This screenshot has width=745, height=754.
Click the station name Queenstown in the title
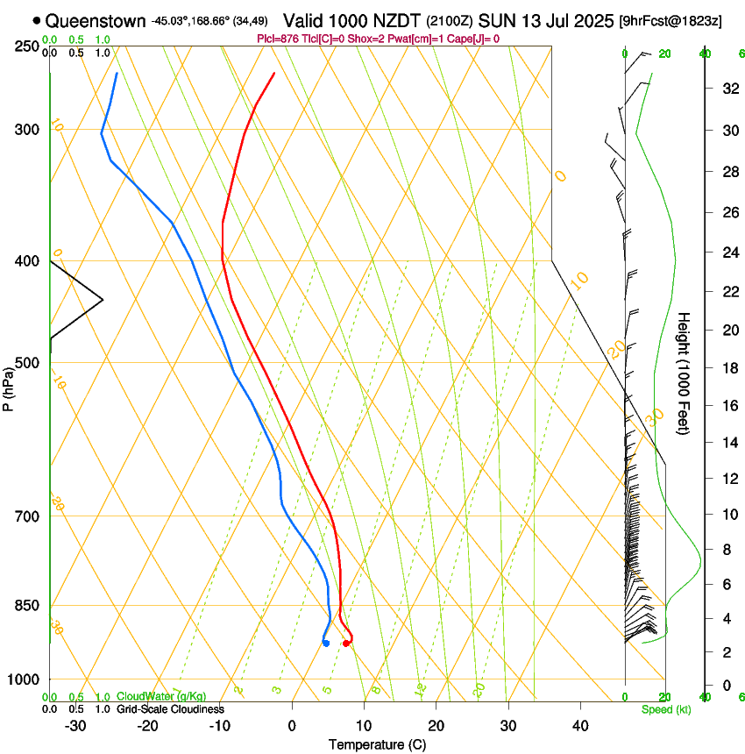tap(96, 20)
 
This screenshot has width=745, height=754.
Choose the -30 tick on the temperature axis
tap(75, 725)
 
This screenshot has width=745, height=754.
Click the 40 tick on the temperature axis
tap(580, 725)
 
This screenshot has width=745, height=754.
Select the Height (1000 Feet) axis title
tap(685, 373)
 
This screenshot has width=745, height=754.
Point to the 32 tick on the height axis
tap(728, 89)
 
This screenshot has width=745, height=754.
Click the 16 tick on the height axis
tap(728, 406)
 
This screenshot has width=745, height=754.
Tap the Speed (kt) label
tap(666, 708)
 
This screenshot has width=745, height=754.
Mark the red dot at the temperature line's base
tap(346, 644)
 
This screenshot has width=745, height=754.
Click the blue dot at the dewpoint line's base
tap(326, 644)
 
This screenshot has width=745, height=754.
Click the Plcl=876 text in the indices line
tap(277, 39)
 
